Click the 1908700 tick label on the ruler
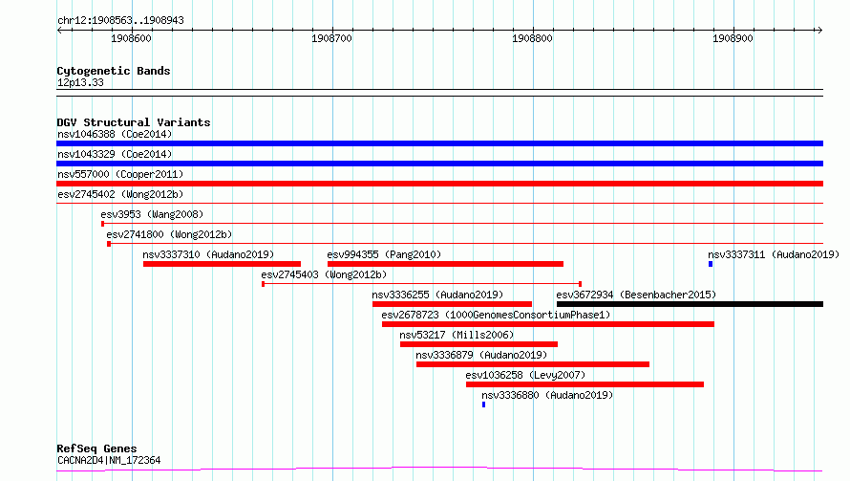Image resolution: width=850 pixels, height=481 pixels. [331, 38]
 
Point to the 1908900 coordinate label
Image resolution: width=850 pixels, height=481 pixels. [733, 38]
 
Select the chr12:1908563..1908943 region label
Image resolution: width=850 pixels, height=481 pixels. [121, 21]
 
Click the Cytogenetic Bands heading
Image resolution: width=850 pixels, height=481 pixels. [114, 71]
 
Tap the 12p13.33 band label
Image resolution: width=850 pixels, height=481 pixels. [80, 82]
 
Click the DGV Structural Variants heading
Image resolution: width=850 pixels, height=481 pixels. [134, 122]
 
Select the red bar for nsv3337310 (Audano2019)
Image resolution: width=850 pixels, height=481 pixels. [222, 264]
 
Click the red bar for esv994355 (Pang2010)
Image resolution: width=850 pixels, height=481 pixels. [445, 264]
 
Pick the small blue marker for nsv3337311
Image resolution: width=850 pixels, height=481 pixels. [711, 264]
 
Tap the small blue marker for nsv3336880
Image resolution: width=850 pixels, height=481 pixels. [483, 404]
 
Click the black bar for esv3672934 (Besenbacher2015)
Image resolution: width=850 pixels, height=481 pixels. [691, 304]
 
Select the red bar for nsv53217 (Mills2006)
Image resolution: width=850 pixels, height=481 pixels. [478, 344]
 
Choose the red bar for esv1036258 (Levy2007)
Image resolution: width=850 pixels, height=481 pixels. [584, 384]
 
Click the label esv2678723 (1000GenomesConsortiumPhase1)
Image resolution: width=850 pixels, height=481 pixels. [496, 315]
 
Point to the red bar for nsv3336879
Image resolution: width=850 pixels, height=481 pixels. [533, 364]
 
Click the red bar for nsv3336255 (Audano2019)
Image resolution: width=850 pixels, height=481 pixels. [452, 304]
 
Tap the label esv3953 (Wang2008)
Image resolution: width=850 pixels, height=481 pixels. [152, 214]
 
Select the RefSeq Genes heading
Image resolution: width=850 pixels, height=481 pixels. [97, 448]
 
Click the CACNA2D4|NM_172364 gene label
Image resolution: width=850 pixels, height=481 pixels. [109, 460]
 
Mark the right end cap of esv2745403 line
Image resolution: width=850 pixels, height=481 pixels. [580, 284]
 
